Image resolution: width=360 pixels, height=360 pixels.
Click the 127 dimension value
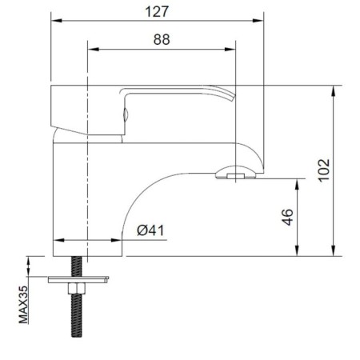tap(157, 12)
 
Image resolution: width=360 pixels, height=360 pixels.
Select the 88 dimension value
tap(162, 39)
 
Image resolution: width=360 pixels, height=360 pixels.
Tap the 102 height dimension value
tap(324, 170)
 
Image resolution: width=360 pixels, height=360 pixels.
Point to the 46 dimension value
tap(287, 218)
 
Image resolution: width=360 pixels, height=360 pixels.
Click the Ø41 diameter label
tap(150, 230)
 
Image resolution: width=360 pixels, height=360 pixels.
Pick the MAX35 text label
tap(23, 305)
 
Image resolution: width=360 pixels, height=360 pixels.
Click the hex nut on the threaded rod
tap(77, 288)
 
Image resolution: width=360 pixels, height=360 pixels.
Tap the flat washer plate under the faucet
tap(78, 280)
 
